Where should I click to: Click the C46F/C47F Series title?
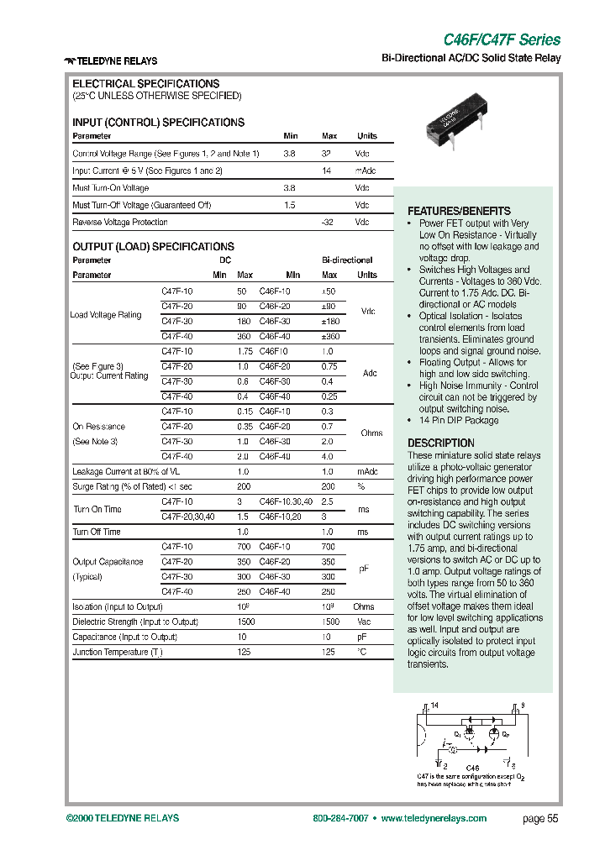point(502,39)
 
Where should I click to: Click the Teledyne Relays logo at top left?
point(111,60)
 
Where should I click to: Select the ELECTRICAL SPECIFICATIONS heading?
point(146,84)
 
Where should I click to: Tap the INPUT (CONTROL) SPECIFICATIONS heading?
point(159,123)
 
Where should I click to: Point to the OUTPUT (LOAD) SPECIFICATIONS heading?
point(153,247)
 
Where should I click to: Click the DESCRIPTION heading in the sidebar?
point(441,443)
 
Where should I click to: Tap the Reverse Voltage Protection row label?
point(120,223)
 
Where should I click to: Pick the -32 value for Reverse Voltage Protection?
point(328,223)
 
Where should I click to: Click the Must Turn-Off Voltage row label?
point(142,205)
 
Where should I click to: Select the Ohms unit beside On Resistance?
point(371,433)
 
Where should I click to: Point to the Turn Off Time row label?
point(97,532)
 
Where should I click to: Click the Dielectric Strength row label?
point(135,622)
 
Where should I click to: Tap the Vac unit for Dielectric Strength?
point(363,622)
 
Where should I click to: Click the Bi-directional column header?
point(347,260)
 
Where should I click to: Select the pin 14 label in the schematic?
point(435,706)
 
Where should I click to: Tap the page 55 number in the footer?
point(539,819)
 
